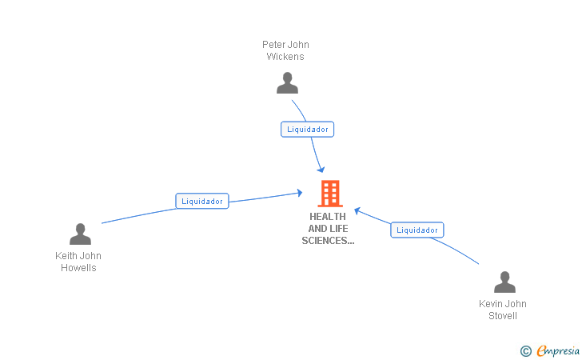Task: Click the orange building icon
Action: pyautogui.click(x=329, y=194)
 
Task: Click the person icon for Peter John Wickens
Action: pyautogui.click(x=287, y=83)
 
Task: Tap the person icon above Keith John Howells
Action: pyautogui.click(x=80, y=234)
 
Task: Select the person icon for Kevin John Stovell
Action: pyautogui.click(x=504, y=282)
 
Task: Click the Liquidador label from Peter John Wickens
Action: pyautogui.click(x=308, y=129)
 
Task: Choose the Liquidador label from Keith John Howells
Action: pyautogui.click(x=202, y=202)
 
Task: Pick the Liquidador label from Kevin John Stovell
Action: pyautogui.click(x=417, y=230)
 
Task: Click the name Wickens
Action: pyautogui.click(x=285, y=57)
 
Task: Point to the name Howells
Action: pyautogui.click(x=78, y=268)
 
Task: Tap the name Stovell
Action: pyautogui.click(x=503, y=316)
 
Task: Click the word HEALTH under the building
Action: pyautogui.click(x=328, y=217)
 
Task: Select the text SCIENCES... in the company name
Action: pyautogui.click(x=328, y=241)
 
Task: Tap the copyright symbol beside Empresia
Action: pyautogui.click(x=525, y=350)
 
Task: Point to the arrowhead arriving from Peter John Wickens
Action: pyautogui.click(x=321, y=169)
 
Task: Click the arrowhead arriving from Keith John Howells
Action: pyautogui.click(x=299, y=192)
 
